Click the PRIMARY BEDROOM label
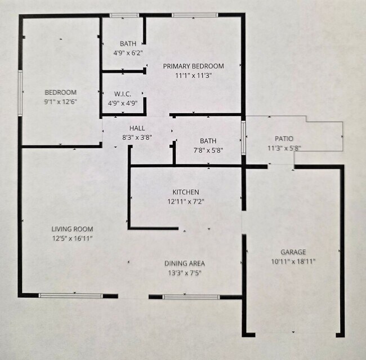193,66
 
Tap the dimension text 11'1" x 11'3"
193,76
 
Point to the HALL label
137,128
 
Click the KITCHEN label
185,192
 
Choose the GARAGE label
293,252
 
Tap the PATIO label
284,139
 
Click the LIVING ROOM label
72,229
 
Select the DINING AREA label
184,263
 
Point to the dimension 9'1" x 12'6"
60,102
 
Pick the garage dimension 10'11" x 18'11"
293,261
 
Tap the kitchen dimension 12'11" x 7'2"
185,202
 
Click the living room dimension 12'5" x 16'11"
72,239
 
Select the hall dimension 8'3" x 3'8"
137,137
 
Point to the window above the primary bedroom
188,15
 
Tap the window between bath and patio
243,137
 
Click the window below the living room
71,295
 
